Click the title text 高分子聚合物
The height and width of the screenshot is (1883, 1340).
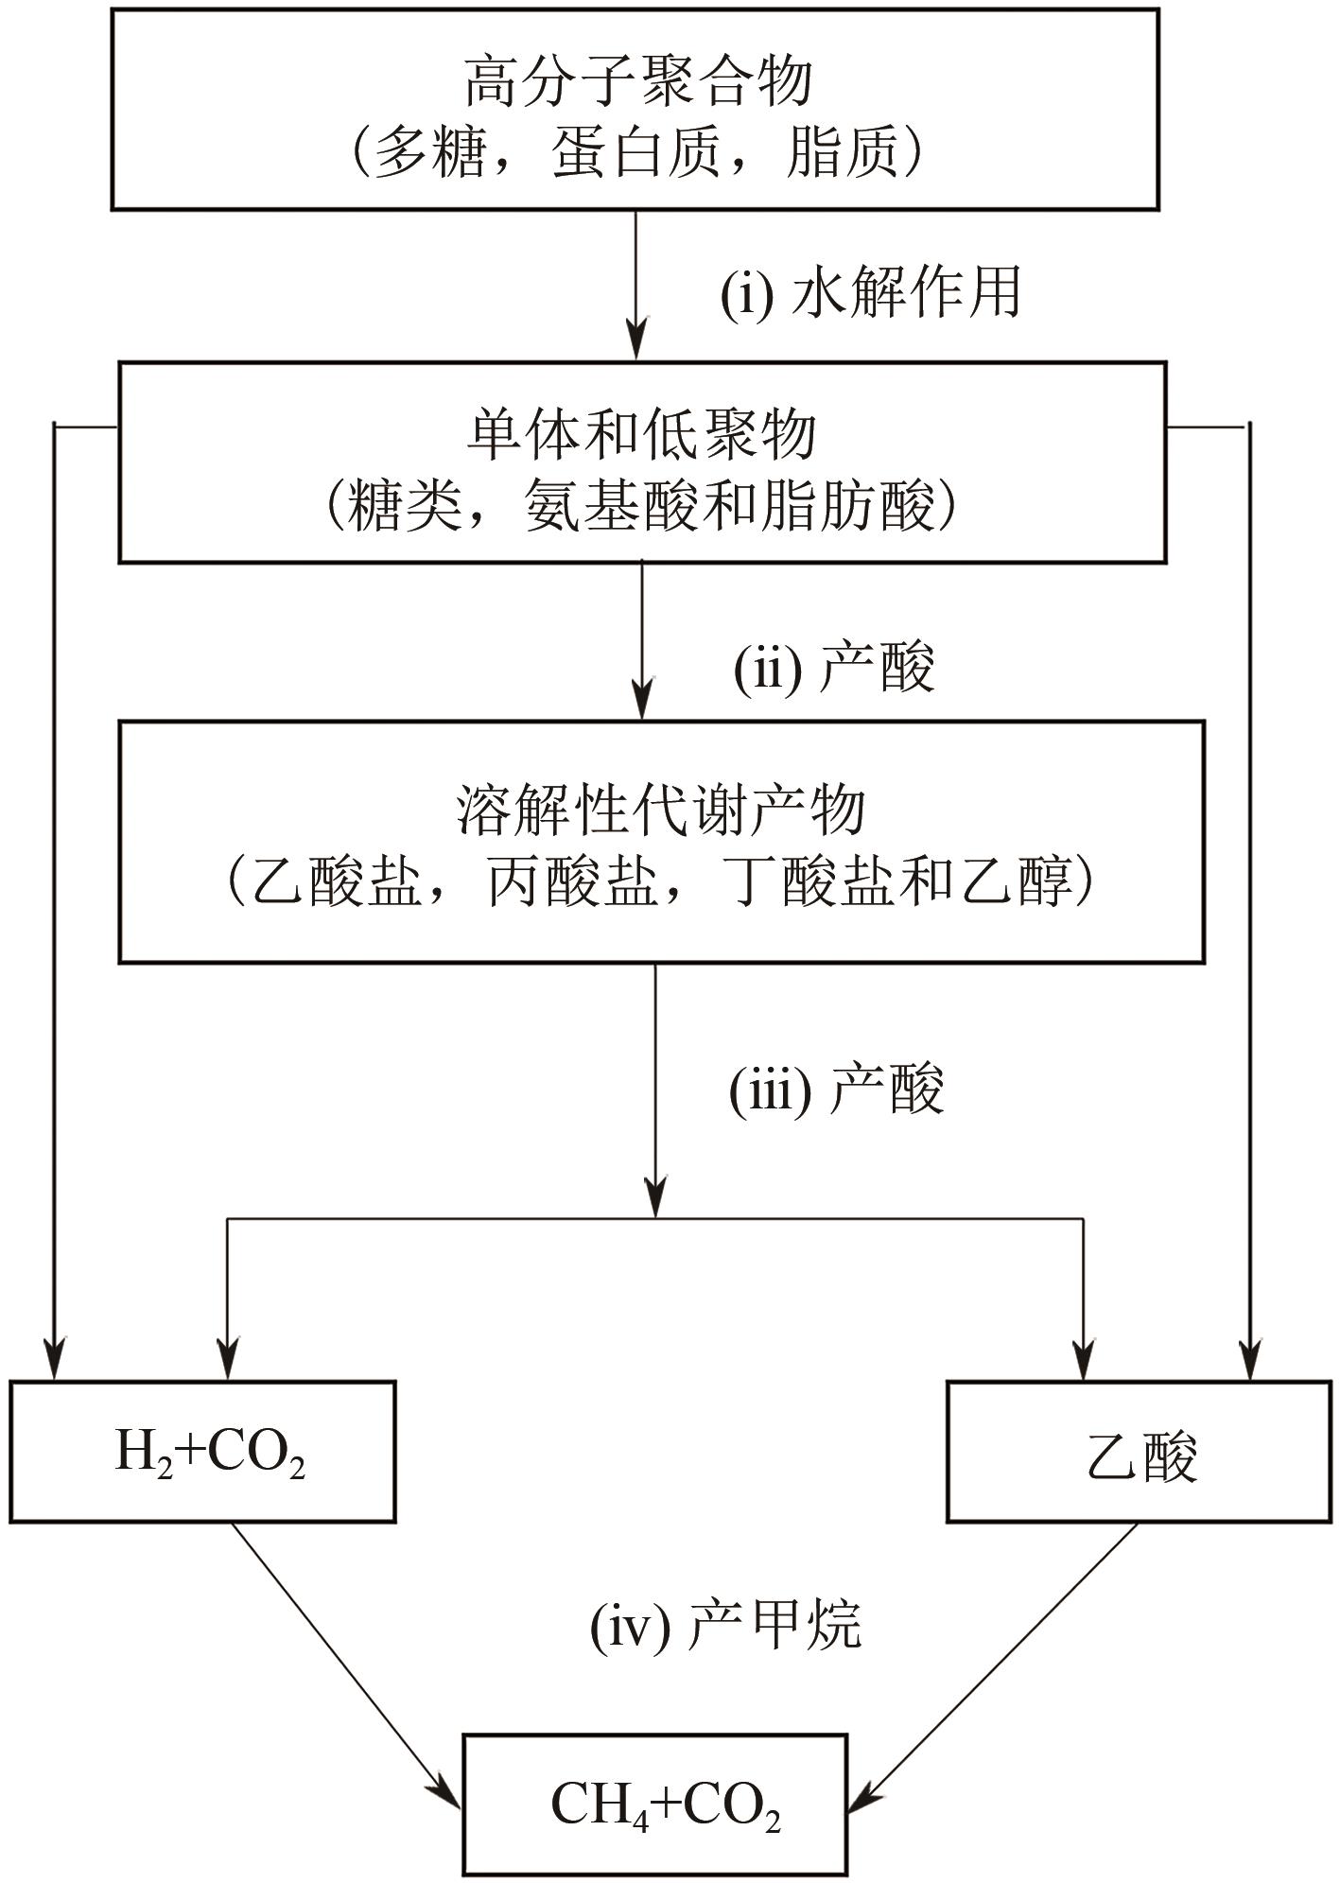coord(638,82)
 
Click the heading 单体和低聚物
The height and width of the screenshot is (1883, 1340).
coord(641,436)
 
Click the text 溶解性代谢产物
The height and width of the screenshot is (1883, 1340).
coord(660,811)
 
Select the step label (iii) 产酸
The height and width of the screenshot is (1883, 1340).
coord(836,1090)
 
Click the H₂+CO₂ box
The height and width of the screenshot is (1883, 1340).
coord(202,1452)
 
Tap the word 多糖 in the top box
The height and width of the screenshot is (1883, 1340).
coord(427,151)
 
